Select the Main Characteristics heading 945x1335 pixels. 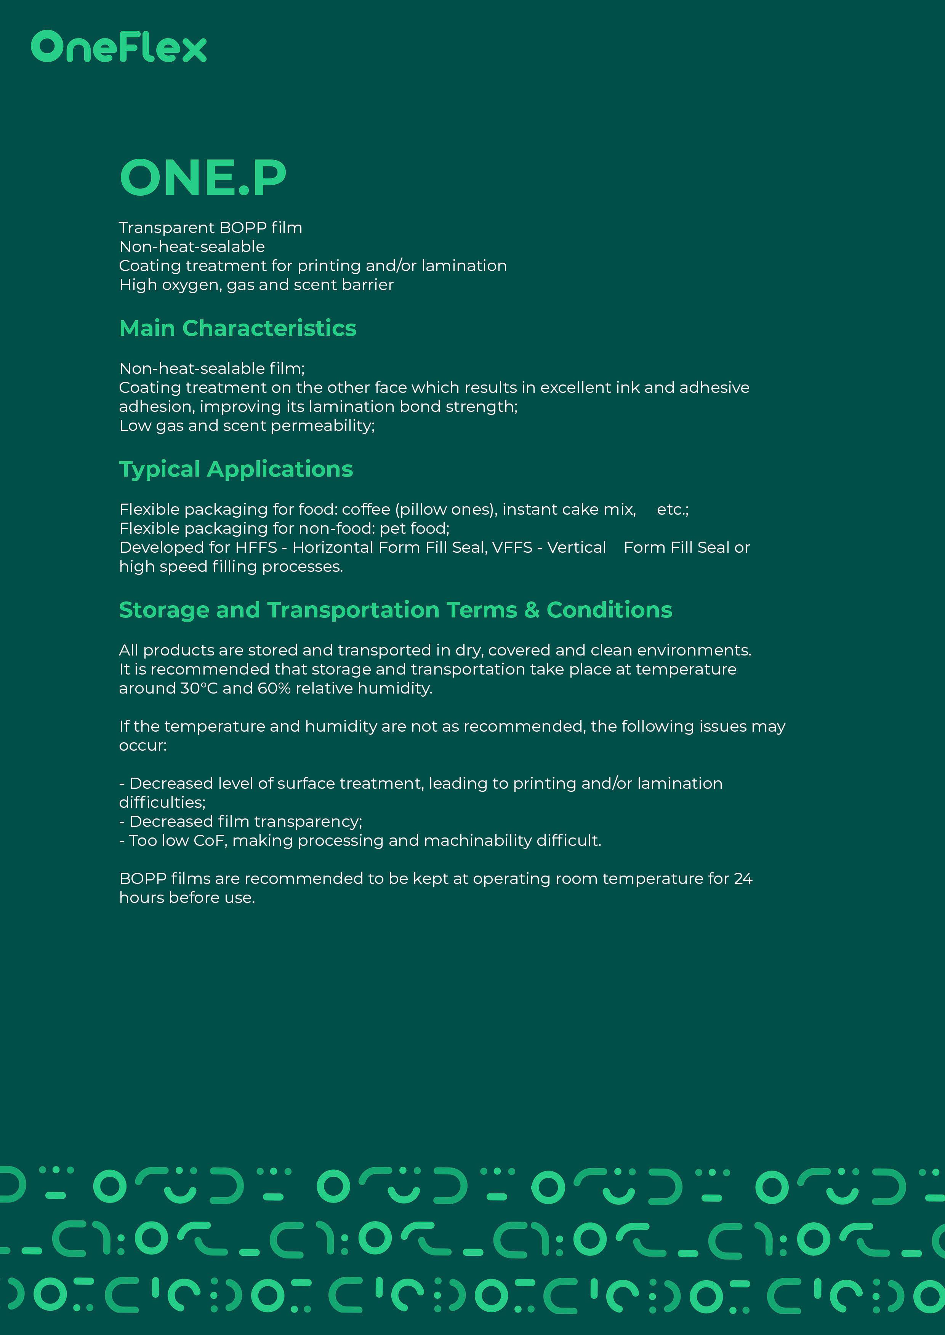click(237, 329)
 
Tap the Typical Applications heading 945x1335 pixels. click(235, 469)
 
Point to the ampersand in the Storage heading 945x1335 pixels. click(531, 610)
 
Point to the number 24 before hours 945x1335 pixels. click(743, 879)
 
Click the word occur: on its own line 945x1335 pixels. click(143, 745)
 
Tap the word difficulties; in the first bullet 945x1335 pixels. click(162, 803)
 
